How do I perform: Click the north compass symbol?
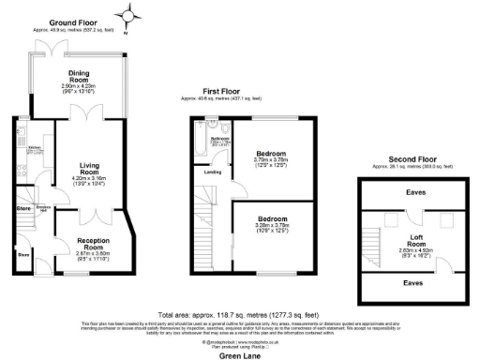click(x=128, y=14)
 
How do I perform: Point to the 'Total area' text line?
click(x=239, y=313)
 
